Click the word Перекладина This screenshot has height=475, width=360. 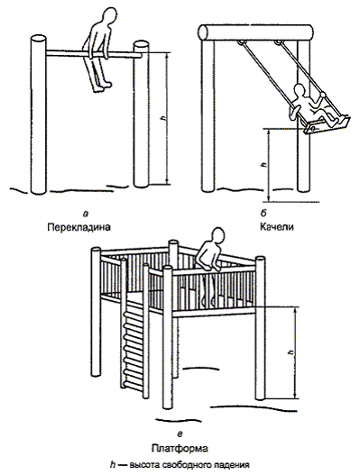click(x=78, y=227)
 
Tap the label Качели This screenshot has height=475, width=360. click(x=277, y=227)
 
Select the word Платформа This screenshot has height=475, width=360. click(x=180, y=448)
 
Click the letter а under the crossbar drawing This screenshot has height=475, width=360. click(x=86, y=215)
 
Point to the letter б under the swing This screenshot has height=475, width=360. click(x=263, y=214)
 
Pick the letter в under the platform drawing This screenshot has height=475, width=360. click(x=180, y=435)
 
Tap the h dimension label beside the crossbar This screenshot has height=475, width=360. click(x=164, y=118)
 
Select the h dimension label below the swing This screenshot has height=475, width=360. click(x=263, y=166)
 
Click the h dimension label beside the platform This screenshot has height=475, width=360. click(x=291, y=352)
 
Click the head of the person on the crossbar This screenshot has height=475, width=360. click(x=108, y=17)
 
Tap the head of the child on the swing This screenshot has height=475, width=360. click(x=300, y=91)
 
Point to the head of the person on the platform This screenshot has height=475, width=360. click(x=217, y=236)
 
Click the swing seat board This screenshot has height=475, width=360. click(x=326, y=124)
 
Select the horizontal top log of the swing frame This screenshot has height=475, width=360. click(x=256, y=32)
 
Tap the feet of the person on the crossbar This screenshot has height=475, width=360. click(x=102, y=87)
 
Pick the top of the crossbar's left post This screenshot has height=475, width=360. click(x=39, y=39)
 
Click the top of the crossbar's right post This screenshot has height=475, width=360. click(x=141, y=44)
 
